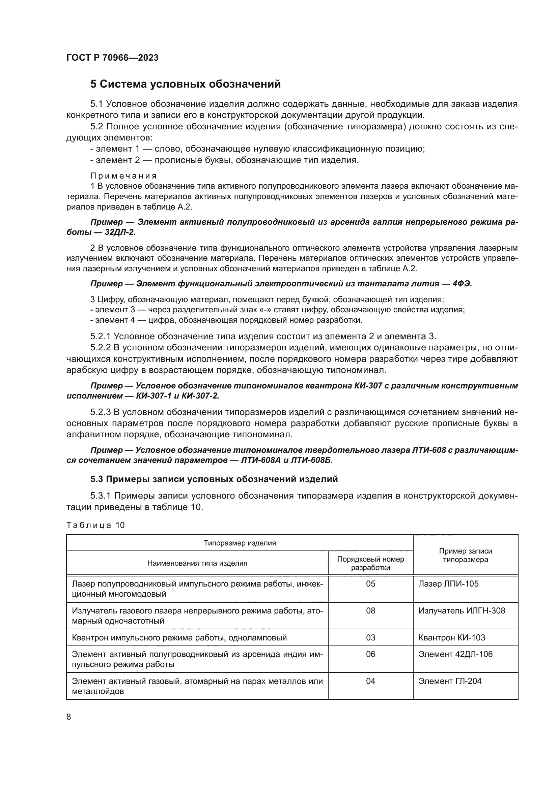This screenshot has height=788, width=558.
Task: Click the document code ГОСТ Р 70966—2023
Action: click(112, 58)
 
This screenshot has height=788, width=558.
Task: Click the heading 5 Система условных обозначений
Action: click(186, 84)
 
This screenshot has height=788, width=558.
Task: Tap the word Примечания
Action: click(123, 176)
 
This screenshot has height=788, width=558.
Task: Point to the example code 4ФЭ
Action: click(462, 284)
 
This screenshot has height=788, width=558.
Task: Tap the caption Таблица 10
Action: click(95, 525)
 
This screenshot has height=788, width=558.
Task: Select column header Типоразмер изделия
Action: click(240, 543)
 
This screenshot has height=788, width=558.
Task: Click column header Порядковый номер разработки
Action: click(370, 563)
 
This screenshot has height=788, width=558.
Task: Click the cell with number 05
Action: click(370, 584)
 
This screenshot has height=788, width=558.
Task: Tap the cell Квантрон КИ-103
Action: click(451, 638)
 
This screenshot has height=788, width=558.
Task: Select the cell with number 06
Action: click(370, 654)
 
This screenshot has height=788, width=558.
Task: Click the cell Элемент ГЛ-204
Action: click(450, 681)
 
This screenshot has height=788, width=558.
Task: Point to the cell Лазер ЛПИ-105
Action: click(448, 584)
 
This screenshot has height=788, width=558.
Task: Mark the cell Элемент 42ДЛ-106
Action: click(455, 654)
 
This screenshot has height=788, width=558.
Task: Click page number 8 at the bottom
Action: click(69, 717)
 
